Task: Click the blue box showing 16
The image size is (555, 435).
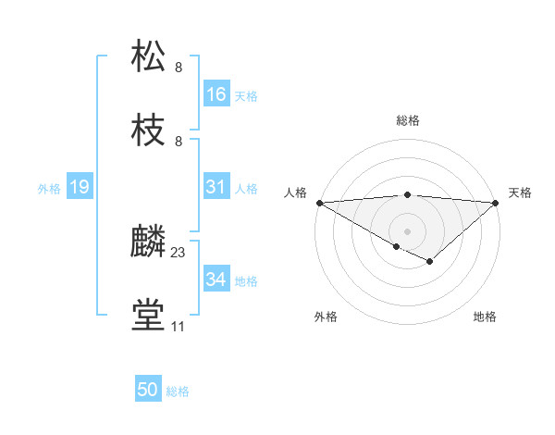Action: click(216, 94)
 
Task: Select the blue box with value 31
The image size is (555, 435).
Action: click(216, 187)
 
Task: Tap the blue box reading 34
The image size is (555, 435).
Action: click(216, 280)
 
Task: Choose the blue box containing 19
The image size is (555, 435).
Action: click(79, 187)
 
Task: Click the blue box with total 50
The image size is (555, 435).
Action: click(148, 390)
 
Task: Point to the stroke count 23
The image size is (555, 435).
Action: click(179, 253)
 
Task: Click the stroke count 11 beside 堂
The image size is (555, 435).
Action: click(178, 326)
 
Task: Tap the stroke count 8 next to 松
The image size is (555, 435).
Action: click(179, 68)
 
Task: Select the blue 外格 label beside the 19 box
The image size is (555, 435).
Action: click(49, 188)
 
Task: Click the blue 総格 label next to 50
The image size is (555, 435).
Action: click(178, 391)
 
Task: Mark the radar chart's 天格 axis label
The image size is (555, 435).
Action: click(520, 193)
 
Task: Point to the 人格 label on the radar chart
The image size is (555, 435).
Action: click(295, 193)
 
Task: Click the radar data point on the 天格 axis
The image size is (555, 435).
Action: click(496, 202)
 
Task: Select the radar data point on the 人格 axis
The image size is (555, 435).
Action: click(318, 202)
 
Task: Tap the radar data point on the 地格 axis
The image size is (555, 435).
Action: click(429, 262)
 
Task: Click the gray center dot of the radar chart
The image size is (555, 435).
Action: click(407, 230)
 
